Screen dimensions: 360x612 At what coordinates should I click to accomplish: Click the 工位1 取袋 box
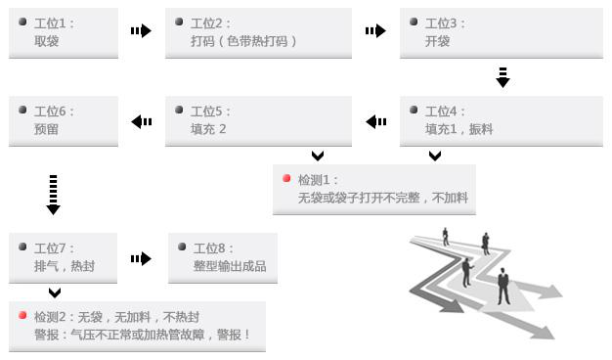[63, 32]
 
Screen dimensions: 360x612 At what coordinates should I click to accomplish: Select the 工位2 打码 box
[258, 32]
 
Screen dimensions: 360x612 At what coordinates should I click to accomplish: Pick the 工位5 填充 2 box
[258, 121]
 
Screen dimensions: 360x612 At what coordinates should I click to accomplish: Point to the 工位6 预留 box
[63, 121]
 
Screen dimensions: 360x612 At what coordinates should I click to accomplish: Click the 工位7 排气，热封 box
[63, 257]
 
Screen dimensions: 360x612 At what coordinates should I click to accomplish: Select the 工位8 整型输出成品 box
[223, 257]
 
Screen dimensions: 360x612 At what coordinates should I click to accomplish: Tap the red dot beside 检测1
[286, 179]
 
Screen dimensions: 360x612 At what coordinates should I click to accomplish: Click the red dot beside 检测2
[22, 316]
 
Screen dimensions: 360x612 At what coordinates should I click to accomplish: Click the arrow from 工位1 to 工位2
[141, 31]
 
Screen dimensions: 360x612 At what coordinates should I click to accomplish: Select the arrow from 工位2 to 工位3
[375, 31]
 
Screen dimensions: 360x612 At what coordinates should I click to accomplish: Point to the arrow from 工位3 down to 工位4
[503, 77]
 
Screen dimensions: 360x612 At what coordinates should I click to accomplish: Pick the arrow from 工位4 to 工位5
[376, 121]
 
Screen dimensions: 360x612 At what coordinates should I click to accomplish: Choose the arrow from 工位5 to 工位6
[142, 121]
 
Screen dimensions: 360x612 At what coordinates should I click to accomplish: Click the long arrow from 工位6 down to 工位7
[53, 194]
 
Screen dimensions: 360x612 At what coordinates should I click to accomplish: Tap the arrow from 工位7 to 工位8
[141, 258]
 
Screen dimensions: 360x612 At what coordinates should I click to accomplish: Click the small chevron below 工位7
[55, 292]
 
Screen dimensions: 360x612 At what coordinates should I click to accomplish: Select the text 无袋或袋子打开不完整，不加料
[383, 198]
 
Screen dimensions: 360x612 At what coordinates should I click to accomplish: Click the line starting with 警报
[143, 334]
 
